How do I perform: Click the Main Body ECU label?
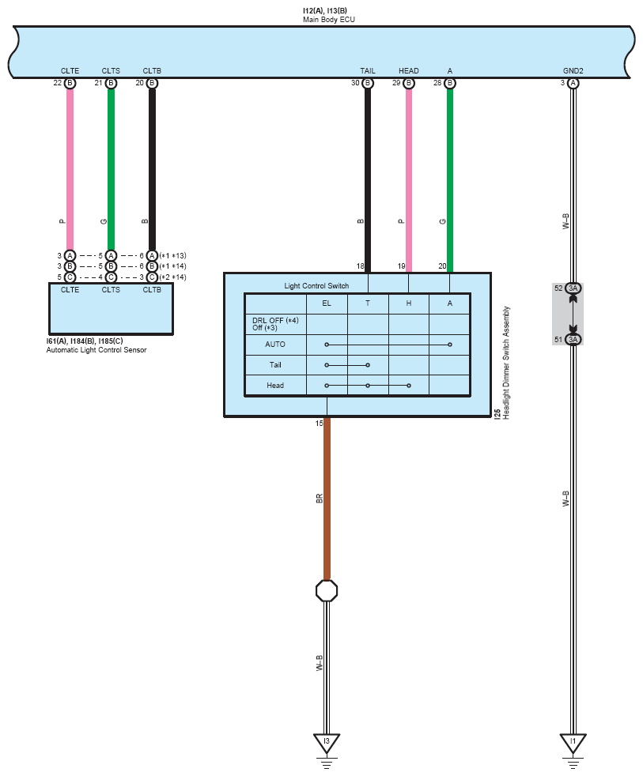click(328, 20)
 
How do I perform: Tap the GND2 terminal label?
click(573, 71)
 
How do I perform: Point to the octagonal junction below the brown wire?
click(327, 590)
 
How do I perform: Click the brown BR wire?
click(327, 499)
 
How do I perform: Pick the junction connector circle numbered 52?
click(573, 288)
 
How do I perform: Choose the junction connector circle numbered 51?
click(573, 340)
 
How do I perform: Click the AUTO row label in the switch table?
click(275, 345)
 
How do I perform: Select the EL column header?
click(327, 303)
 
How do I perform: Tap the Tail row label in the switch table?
click(275, 365)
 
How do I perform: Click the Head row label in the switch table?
click(275, 386)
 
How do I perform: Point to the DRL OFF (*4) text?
click(275, 321)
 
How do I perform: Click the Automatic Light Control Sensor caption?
click(96, 350)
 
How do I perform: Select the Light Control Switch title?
click(316, 286)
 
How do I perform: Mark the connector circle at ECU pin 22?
click(70, 83)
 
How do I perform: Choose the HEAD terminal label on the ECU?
click(409, 71)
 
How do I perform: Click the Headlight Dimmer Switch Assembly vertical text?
click(506, 363)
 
